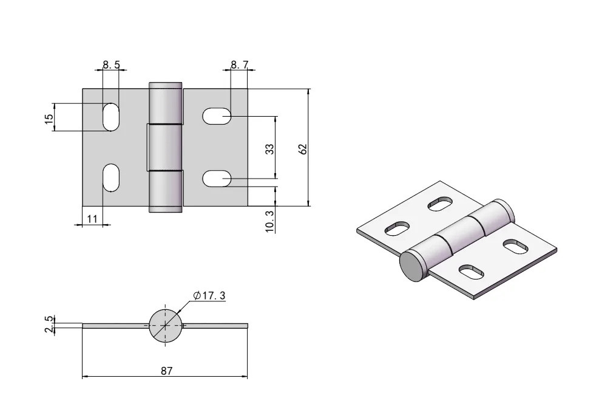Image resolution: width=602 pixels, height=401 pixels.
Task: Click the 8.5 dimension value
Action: [110, 64]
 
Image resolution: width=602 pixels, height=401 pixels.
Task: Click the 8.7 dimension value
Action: [239, 64]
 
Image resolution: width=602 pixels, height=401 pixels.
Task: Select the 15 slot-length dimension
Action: [49, 117]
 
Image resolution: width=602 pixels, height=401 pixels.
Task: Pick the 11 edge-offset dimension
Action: [92, 219]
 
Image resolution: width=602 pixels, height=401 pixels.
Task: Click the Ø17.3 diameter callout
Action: [209, 296]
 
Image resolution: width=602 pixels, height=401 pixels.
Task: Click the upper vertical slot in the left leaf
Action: [111, 117]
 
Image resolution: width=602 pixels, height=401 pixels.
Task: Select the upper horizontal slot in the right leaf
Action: [216, 116]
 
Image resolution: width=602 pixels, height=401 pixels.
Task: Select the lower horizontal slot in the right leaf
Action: [216, 179]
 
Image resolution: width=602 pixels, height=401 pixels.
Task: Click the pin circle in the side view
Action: [165, 326]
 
